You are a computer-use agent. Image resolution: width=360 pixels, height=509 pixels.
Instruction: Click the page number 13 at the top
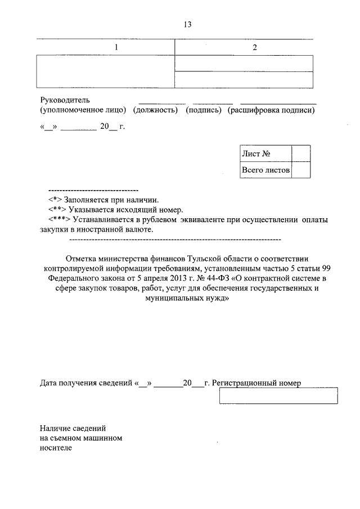click(x=187, y=24)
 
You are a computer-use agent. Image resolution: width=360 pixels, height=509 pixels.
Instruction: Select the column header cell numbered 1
click(x=116, y=48)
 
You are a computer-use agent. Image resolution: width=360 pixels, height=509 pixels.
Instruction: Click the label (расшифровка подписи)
click(x=271, y=110)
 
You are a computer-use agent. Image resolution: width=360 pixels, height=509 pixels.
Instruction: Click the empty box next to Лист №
click(x=301, y=154)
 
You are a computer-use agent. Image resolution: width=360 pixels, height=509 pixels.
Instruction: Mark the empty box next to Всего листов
click(x=301, y=169)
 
